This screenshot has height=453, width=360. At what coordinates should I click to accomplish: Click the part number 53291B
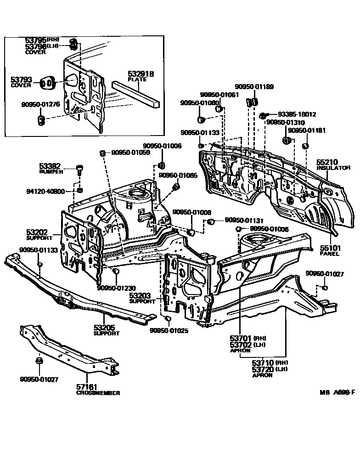[141, 74]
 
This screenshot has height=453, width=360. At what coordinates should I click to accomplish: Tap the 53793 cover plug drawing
[48, 82]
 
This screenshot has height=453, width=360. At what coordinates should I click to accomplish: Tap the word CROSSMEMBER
[98, 393]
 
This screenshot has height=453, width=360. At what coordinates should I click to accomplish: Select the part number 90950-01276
[40, 105]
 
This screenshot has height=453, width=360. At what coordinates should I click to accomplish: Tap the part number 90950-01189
[254, 86]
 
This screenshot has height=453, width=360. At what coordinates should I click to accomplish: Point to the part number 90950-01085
[178, 175]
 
